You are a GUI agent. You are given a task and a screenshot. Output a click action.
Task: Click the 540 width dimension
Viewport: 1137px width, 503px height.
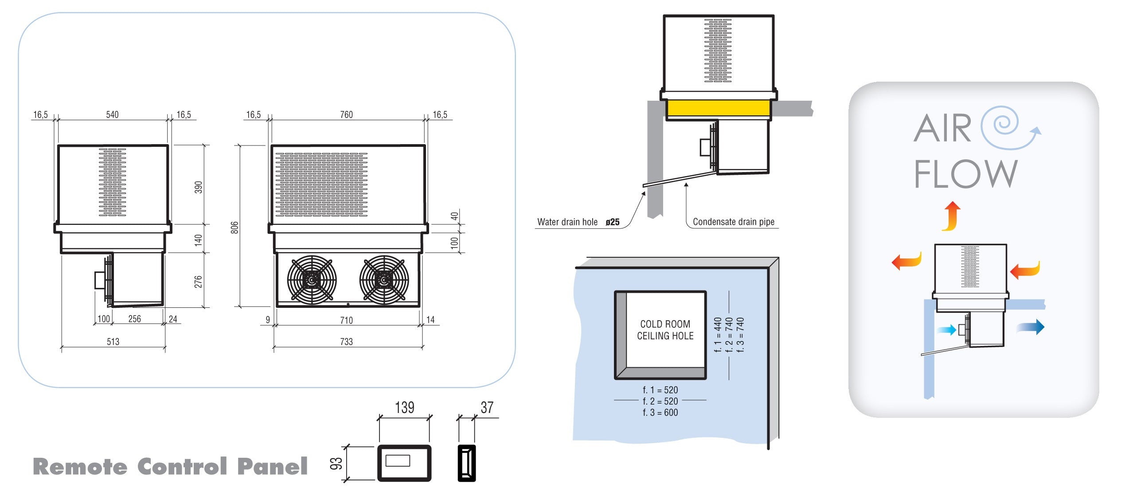click(112, 114)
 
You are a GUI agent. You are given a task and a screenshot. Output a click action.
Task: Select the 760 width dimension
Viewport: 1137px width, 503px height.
click(346, 114)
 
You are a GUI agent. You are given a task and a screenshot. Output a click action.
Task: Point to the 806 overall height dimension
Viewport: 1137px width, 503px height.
click(234, 227)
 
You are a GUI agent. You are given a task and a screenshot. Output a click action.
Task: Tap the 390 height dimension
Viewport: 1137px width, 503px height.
click(198, 187)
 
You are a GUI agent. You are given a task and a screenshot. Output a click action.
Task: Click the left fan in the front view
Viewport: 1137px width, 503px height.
click(312, 280)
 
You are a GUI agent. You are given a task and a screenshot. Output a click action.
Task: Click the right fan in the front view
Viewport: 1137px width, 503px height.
click(384, 280)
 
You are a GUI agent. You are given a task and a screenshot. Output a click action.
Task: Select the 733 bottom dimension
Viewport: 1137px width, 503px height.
click(346, 342)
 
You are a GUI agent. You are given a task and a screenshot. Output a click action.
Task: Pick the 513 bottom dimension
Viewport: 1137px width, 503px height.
click(113, 342)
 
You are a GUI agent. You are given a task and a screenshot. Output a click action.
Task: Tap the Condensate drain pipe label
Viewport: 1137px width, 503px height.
click(733, 222)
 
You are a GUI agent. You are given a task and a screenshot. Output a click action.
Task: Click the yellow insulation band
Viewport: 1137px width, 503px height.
click(718, 108)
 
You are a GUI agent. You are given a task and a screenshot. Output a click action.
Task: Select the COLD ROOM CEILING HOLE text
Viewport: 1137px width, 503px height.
click(665, 330)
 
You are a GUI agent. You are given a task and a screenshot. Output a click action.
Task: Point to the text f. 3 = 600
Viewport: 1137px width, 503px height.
click(660, 413)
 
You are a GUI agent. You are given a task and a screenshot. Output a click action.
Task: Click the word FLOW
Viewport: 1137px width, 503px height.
click(965, 174)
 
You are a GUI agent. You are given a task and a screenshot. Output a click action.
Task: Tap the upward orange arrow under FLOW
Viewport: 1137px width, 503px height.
click(951, 216)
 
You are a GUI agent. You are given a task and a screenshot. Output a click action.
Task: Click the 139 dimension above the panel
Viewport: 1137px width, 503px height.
click(404, 407)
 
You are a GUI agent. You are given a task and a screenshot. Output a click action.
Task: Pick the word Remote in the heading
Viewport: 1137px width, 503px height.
click(80, 467)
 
